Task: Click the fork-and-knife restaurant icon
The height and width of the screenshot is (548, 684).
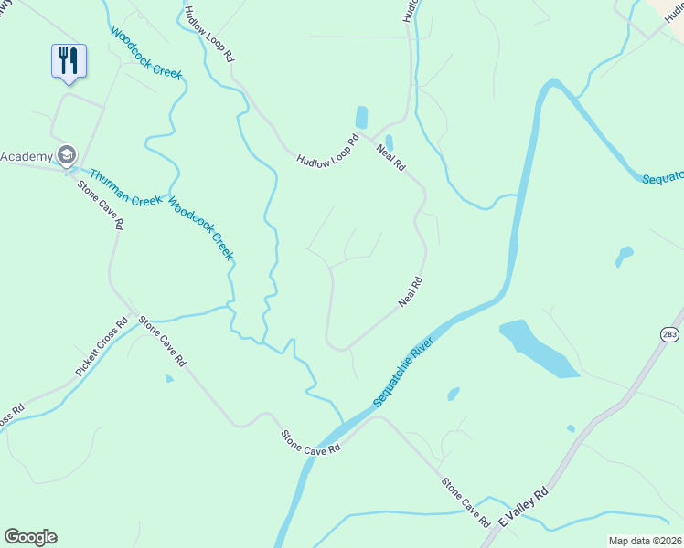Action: click(69, 61)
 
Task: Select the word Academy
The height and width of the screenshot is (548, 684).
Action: click(26, 156)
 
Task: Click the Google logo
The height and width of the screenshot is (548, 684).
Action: click(30, 537)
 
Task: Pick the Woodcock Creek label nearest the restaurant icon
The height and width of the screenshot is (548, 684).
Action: click(147, 53)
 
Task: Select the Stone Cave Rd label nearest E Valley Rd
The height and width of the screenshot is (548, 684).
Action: click(466, 501)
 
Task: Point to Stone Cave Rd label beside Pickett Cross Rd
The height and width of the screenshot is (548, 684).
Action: click(162, 341)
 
